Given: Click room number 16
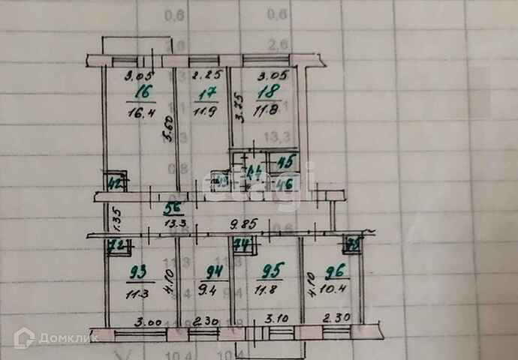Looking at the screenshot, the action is (x=141, y=92).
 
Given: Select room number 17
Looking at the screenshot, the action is (x=205, y=94).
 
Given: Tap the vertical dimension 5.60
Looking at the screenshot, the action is (x=169, y=132).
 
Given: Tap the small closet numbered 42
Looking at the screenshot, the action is (x=116, y=181).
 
